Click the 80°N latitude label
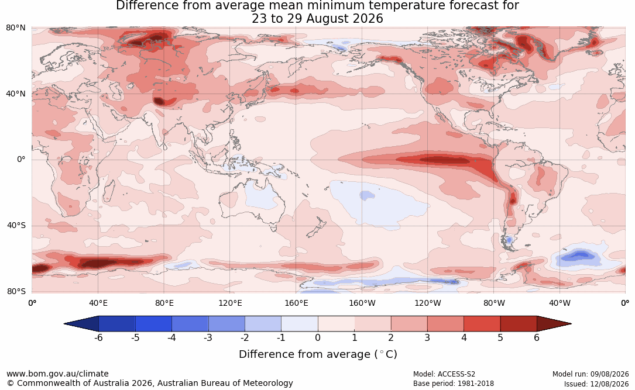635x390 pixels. click(x=15, y=28)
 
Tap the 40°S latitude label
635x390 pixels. click(x=16, y=225)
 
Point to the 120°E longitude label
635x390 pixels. click(x=230, y=303)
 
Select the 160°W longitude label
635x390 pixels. click(x=362, y=303)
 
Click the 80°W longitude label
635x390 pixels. click(x=494, y=303)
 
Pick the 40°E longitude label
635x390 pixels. click(x=98, y=303)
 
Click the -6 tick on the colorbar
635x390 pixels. click(x=98, y=337)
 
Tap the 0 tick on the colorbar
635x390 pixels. click(x=318, y=337)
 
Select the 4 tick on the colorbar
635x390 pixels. click(x=464, y=337)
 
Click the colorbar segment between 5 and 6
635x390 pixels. click(x=519, y=324)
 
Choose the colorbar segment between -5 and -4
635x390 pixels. click(x=153, y=324)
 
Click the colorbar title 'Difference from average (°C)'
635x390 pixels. click(x=318, y=354)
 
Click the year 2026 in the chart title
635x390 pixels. click(x=367, y=19)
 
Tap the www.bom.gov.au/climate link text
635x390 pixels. click(x=57, y=374)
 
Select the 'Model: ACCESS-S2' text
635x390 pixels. click(x=444, y=374)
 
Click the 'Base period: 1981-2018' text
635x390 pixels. click(x=454, y=384)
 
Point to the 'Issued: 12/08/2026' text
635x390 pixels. click(x=596, y=384)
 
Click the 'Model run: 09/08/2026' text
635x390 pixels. click(x=591, y=374)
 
